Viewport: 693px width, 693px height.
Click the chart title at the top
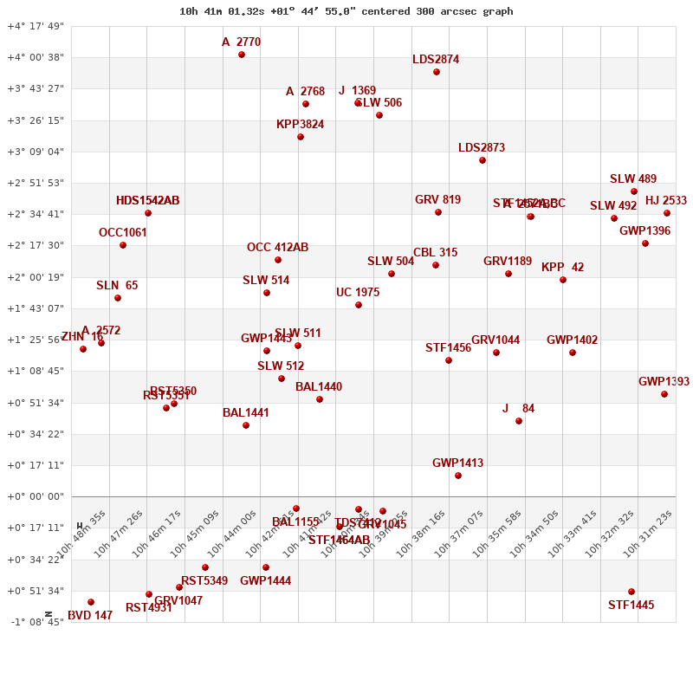(x=346, y=11)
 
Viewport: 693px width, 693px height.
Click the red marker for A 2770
(x=242, y=55)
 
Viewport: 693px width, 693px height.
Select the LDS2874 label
(x=436, y=60)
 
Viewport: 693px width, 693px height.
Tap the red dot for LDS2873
(x=483, y=160)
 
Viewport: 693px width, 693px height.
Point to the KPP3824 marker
(x=301, y=137)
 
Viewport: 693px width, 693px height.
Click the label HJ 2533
(x=665, y=201)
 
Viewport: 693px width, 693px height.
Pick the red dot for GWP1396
(x=645, y=243)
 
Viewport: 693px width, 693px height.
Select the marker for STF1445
(x=631, y=592)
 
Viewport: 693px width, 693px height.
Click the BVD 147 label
(x=90, y=616)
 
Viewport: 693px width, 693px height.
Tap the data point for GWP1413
(x=458, y=476)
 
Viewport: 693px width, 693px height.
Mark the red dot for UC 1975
(x=359, y=305)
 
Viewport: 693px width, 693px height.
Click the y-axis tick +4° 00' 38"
(x=36, y=57)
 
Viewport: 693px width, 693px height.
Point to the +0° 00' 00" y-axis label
(x=36, y=496)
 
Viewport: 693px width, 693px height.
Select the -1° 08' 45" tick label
(x=36, y=622)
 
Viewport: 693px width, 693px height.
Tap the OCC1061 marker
(x=123, y=245)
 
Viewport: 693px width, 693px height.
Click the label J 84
(x=518, y=409)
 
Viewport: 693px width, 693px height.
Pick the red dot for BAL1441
(x=246, y=425)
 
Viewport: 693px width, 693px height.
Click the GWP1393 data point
(x=664, y=394)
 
